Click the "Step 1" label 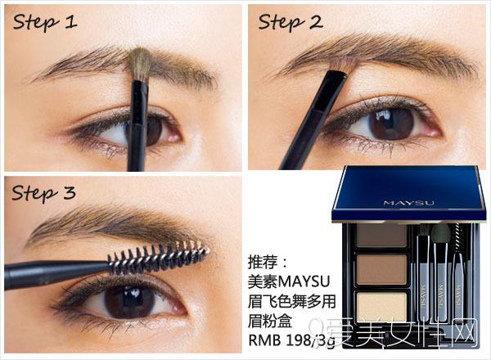click(45, 22)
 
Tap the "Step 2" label click(290, 22)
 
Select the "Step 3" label click(43, 193)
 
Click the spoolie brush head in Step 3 click(158, 257)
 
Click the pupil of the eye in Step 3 click(129, 301)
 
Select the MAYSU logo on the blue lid click(409, 203)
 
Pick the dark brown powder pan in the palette click(381, 235)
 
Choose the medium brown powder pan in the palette click(381, 269)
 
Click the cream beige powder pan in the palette click(381, 307)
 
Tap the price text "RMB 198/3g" click(291, 340)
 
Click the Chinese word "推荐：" click(267, 262)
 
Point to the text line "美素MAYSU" click(289, 281)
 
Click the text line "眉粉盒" click(270, 321)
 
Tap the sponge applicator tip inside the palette click(440, 232)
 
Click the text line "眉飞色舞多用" click(292, 301)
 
